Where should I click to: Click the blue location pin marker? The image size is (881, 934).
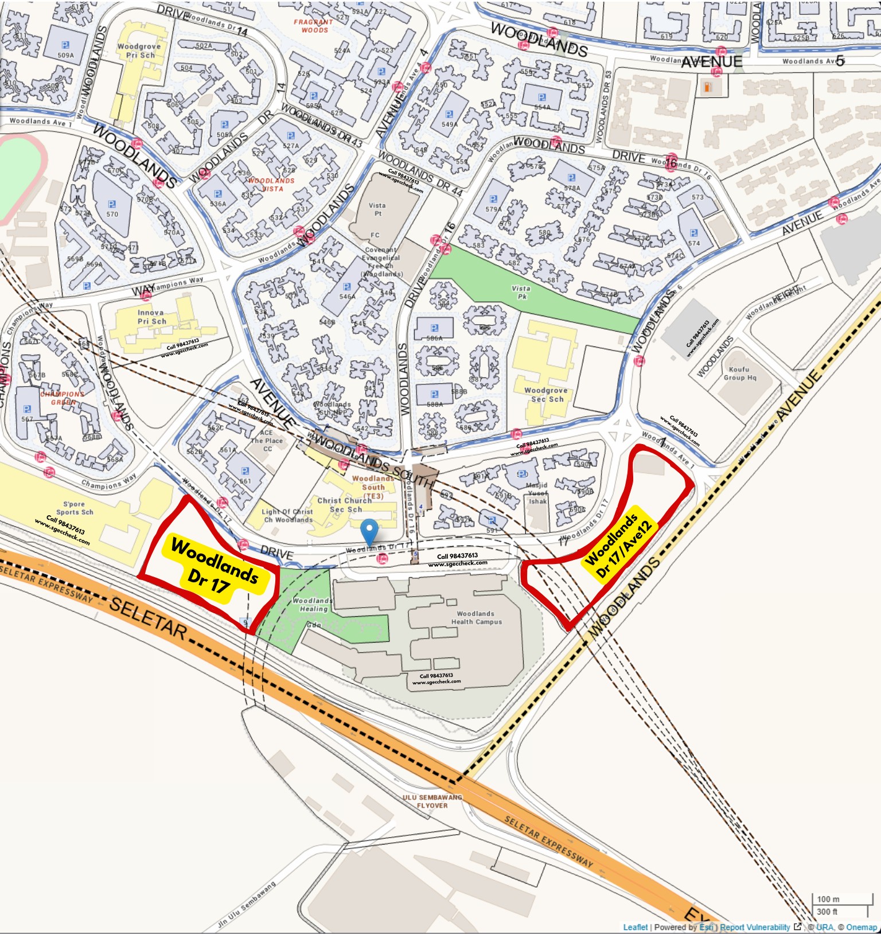(x=370, y=530)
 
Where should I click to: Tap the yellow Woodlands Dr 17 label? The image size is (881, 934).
(x=214, y=566)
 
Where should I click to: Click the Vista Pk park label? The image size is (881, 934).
(x=521, y=293)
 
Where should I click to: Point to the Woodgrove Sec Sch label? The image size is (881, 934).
(x=545, y=395)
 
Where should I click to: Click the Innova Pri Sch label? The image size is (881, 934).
(x=151, y=317)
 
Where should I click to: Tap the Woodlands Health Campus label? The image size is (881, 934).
(x=476, y=618)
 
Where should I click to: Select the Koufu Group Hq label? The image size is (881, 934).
(x=739, y=373)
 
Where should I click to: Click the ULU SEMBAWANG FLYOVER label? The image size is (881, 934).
(x=432, y=801)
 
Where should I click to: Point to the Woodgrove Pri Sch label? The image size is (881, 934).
(x=139, y=50)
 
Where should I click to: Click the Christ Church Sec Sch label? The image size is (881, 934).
(x=345, y=505)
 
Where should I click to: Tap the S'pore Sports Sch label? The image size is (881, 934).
(x=75, y=508)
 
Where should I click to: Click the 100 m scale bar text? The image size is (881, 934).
(x=828, y=899)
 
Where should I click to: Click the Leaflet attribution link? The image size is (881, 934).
(x=635, y=927)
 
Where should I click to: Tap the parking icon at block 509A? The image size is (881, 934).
(x=65, y=45)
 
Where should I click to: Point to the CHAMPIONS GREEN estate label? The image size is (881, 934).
(x=63, y=398)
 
